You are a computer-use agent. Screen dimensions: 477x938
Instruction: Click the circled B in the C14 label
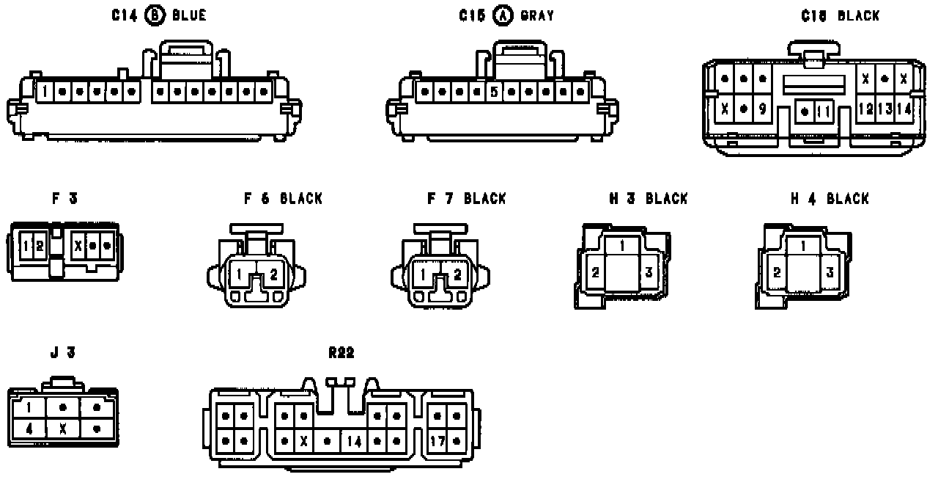[x=155, y=16]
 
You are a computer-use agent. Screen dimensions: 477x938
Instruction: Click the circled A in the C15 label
[x=503, y=16]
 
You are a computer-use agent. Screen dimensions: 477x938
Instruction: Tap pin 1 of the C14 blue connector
[x=45, y=92]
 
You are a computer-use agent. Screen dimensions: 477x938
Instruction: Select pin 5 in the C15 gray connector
[x=495, y=92]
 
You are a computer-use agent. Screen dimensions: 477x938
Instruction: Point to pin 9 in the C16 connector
[x=762, y=109]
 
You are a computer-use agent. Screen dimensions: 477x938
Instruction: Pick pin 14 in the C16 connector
[x=904, y=109]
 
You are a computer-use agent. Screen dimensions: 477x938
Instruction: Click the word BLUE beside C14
[x=189, y=16]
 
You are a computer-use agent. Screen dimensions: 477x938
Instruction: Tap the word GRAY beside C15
[x=537, y=16]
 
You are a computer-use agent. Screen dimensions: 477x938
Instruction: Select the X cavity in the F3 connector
[x=78, y=245]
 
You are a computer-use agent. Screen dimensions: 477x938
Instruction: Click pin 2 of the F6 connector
[x=273, y=275]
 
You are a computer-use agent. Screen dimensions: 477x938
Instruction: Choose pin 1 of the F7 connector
[x=423, y=275]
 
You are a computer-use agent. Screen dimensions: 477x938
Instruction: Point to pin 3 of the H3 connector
[x=648, y=272]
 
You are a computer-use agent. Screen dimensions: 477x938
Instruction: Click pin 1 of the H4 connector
[x=805, y=246]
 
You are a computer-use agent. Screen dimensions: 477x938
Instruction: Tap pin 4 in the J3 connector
[x=29, y=429]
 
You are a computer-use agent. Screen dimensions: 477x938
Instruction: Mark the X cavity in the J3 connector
[x=63, y=429]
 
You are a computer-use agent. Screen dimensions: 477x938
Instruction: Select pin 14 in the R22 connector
[x=355, y=442]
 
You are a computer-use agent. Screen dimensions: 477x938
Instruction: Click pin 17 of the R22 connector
[x=437, y=442]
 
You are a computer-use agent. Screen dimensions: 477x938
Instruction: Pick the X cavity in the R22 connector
[x=303, y=442]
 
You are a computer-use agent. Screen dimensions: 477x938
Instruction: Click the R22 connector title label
[x=341, y=353]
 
